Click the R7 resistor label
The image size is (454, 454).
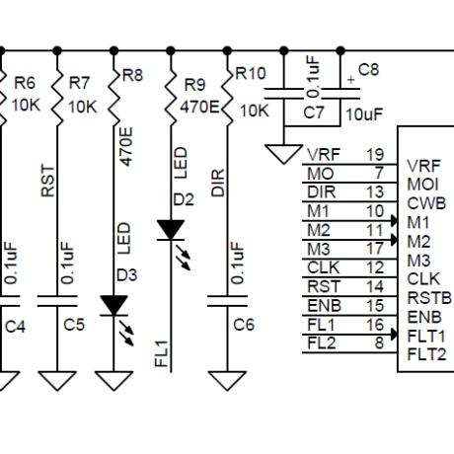[x=79, y=83]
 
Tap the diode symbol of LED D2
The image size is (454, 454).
[x=171, y=230]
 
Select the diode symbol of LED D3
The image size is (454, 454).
[x=113, y=306]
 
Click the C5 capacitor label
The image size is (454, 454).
[x=74, y=325]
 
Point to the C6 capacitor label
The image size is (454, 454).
[x=244, y=325]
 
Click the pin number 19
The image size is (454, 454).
[x=375, y=154]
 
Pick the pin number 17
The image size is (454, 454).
[x=375, y=249]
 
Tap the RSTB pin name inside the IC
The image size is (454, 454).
[x=429, y=298]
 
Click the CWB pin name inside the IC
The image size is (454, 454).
[x=426, y=203]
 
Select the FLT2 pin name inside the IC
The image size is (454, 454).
[x=426, y=354]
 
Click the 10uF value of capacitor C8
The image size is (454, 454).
[x=364, y=114]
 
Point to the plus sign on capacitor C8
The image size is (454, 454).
[x=351, y=80]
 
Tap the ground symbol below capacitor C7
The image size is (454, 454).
[x=283, y=154]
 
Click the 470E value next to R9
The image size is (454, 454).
[x=199, y=107]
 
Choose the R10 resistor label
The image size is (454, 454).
[x=251, y=73]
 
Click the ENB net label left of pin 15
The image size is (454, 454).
[x=324, y=306]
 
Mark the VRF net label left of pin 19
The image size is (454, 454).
[x=324, y=154]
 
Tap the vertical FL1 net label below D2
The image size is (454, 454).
[x=162, y=353]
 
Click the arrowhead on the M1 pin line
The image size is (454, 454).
[x=394, y=220]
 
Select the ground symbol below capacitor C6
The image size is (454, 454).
[x=227, y=381]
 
